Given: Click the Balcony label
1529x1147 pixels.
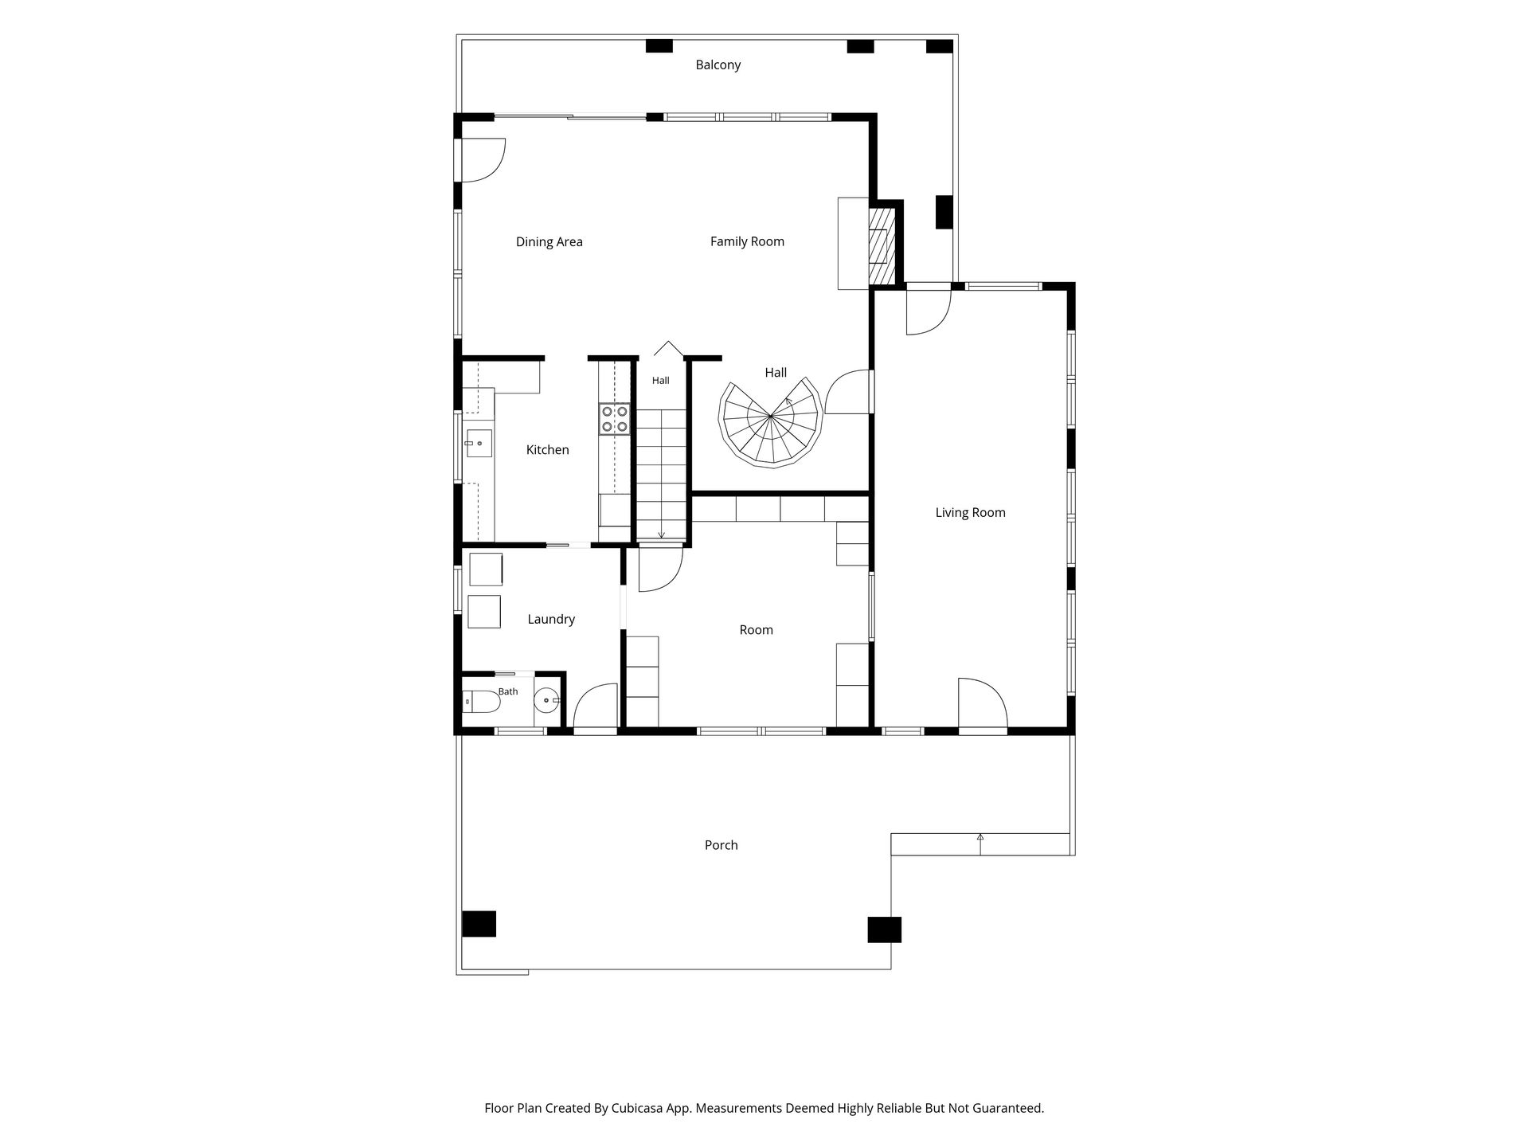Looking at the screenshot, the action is (x=718, y=65).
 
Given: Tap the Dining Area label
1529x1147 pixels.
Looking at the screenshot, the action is (x=549, y=241).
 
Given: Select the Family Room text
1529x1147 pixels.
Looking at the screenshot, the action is (x=747, y=241).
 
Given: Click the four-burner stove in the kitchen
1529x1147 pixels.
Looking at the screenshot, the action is (x=615, y=419).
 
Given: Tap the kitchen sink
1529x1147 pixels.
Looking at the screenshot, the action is (x=479, y=443).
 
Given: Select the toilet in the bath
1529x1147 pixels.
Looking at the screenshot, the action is (x=481, y=702).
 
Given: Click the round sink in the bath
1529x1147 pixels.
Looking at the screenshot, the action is (x=547, y=701).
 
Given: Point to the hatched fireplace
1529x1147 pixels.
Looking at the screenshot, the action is (x=882, y=245).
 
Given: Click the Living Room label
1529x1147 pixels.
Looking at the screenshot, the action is (x=970, y=512).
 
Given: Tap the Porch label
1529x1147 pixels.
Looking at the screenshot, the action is (x=721, y=845).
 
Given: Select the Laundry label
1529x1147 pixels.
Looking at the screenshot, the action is (x=551, y=619).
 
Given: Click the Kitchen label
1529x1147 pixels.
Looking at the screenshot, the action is (x=548, y=450).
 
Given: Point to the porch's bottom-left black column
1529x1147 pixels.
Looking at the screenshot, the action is (x=479, y=924).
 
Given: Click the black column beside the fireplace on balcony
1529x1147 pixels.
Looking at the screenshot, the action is (x=944, y=212).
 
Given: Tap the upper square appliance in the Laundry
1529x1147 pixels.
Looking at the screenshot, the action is (x=486, y=570).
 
